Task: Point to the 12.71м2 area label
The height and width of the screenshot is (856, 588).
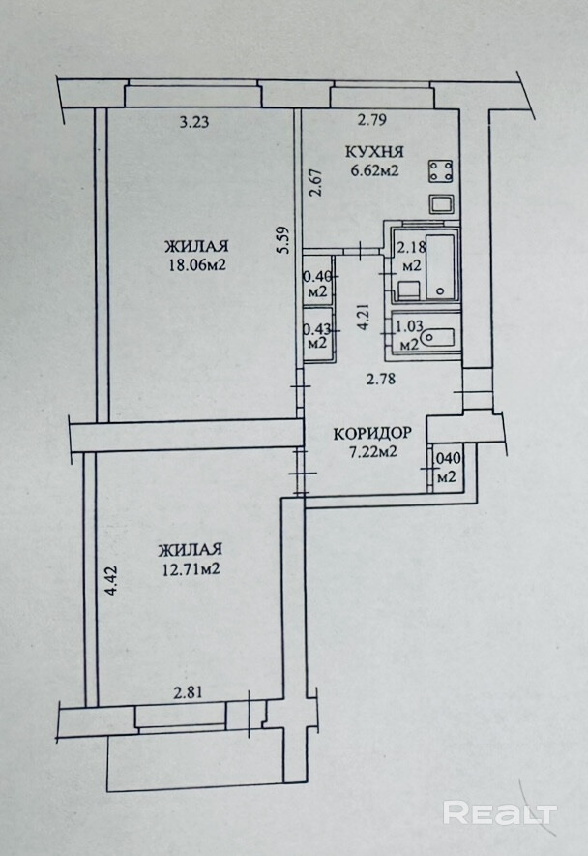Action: pos(189,568)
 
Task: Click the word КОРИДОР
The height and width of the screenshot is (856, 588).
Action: pos(372,433)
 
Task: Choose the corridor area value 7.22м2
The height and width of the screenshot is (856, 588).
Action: pos(372,452)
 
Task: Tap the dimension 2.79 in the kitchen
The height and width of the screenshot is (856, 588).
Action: pos(372,121)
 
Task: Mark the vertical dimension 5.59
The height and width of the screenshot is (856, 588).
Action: pos(281,238)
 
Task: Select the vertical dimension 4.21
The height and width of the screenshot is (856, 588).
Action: pos(364,318)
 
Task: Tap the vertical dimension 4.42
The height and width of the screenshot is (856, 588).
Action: pos(111,578)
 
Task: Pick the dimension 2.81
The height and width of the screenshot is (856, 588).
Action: pos(190,692)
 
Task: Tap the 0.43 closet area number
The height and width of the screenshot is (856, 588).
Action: pos(316,327)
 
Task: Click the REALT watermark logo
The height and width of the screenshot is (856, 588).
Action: pos(499,811)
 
